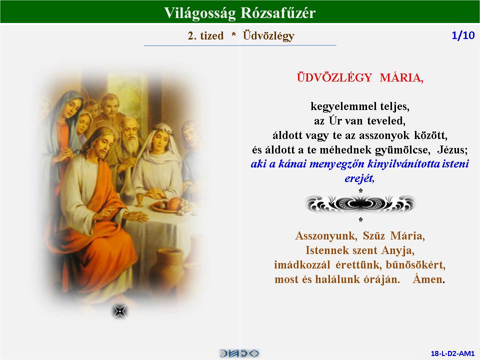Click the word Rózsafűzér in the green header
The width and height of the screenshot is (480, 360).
point(278,13)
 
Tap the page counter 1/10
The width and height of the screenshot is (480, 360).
point(463,35)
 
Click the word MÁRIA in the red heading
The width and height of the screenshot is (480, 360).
point(401,77)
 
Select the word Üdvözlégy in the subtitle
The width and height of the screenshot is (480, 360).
point(268,36)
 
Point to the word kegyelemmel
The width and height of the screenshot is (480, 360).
point(343,106)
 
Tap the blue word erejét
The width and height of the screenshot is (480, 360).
point(359,178)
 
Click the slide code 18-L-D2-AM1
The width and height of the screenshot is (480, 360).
point(452,353)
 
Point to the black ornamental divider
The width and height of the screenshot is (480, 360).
point(360,204)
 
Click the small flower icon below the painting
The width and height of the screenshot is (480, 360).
point(119,311)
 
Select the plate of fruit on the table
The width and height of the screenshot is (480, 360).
point(170,205)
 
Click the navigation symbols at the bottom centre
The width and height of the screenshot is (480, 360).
point(239,353)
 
